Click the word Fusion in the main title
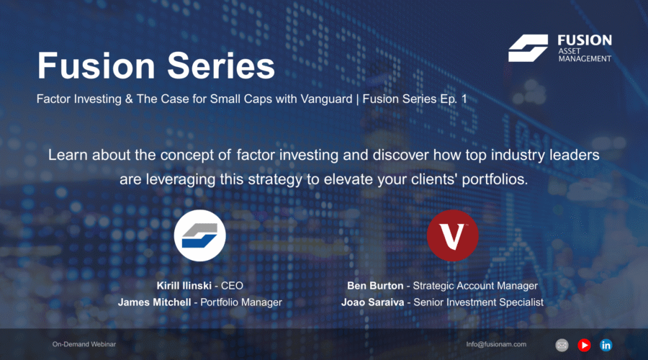(x=96, y=66)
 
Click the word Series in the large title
(x=221, y=66)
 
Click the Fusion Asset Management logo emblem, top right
(x=528, y=48)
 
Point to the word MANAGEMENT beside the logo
(x=585, y=59)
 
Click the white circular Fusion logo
(x=199, y=235)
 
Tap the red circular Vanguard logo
(x=453, y=235)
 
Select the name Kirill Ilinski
(x=184, y=286)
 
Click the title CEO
(x=232, y=286)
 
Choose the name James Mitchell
(x=155, y=302)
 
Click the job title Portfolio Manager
(x=241, y=302)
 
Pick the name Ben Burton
(x=375, y=286)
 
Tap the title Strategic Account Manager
(x=475, y=286)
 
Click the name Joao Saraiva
(x=372, y=302)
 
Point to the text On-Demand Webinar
(x=84, y=344)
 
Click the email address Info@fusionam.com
(x=496, y=344)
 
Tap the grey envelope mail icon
(x=562, y=345)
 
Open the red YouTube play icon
(x=584, y=345)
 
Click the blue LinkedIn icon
(x=606, y=345)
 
